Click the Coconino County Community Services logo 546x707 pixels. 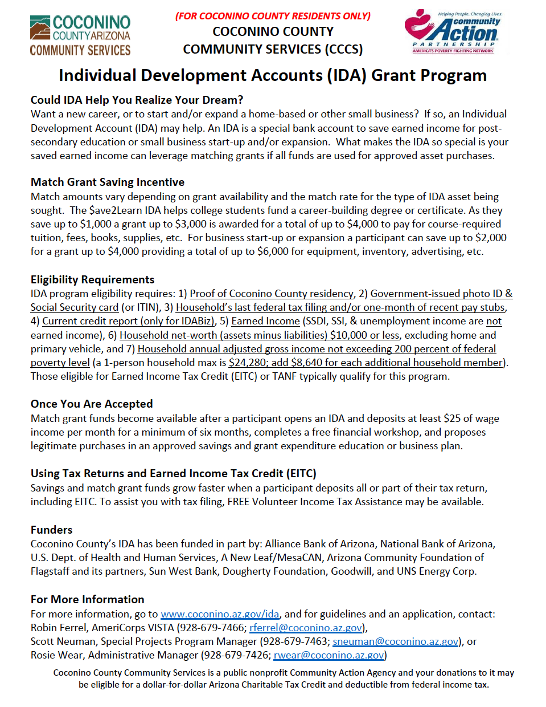coord(80,36)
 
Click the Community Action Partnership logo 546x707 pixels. coord(453,32)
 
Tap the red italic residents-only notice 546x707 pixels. coord(273,16)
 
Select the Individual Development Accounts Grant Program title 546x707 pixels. coord(273,75)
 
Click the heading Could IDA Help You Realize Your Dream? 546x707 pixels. coord(137,100)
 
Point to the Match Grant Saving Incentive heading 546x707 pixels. coord(108,182)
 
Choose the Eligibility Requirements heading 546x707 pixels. coord(92,279)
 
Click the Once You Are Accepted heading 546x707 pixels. coord(92,404)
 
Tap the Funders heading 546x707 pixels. coord(52,530)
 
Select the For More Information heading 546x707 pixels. coord(87,599)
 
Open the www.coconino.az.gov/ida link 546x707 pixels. coord(220,614)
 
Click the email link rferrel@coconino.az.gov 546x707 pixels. coord(306,628)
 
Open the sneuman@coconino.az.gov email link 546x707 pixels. coord(396,641)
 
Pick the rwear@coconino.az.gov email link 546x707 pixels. coord(329,655)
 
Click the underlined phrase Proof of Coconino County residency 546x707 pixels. coord(272,294)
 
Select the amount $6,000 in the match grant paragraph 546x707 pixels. coord(273,251)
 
